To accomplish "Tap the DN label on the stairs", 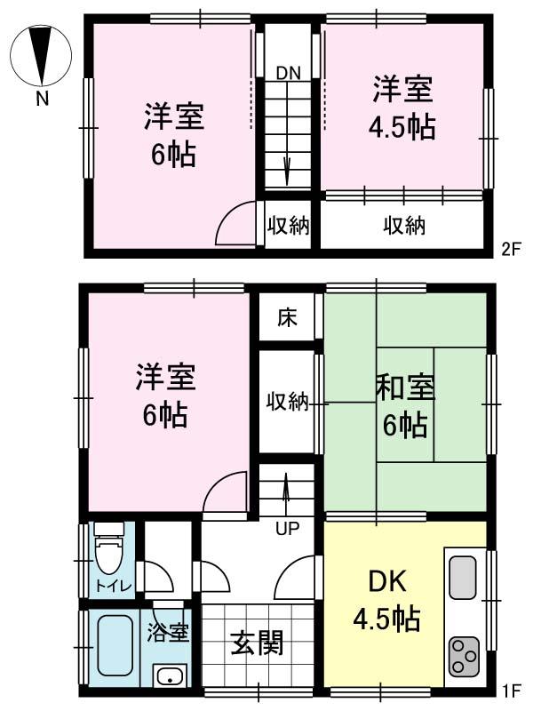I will (287, 73).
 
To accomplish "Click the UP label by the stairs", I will (286, 530).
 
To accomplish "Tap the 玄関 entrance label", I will (257, 643).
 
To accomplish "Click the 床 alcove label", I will (286, 316).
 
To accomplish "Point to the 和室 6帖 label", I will (405, 407).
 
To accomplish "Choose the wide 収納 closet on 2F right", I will (404, 226).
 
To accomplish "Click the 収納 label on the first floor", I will (287, 402).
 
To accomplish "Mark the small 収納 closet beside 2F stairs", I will (287, 226).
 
